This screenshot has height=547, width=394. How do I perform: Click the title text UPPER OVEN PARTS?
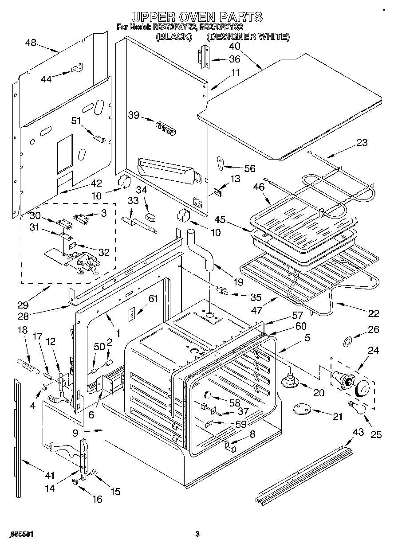point(197,17)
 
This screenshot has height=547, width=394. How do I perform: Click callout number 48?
point(31,43)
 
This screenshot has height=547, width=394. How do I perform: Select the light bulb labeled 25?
point(358,406)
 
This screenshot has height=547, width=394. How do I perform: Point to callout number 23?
point(362,143)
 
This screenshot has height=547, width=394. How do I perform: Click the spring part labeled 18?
point(25,366)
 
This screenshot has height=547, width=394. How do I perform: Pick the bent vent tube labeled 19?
point(200,250)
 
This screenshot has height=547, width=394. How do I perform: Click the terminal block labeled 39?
point(165,129)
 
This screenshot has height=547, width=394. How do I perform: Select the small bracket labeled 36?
point(203,57)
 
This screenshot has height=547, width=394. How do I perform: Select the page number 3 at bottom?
point(197,534)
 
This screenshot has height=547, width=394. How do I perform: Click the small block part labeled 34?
point(152,217)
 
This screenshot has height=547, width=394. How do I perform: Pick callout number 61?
point(153,298)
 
